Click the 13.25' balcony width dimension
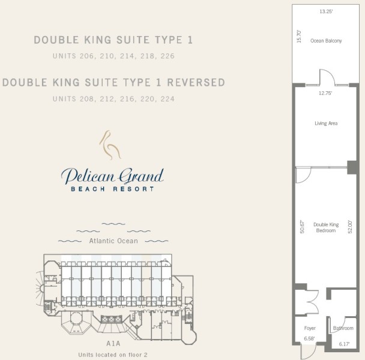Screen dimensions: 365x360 tap(326, 11)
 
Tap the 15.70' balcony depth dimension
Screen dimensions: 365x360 tap(299, 37)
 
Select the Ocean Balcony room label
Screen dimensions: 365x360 tap(326, 41)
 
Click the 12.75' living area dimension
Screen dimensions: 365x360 tap(325, 93)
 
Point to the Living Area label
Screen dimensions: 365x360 tap(326, 124)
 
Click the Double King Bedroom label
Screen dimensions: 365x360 tap(326, 227)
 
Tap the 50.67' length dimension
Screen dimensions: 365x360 tap(302, 227)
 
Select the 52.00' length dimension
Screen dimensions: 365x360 tap(350, 227)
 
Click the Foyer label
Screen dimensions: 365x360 tap(310, 328)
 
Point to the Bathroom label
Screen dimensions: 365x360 tap(343, 328)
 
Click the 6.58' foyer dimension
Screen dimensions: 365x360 tap(309, 338)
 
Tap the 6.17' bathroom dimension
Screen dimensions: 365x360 tap(344, 344)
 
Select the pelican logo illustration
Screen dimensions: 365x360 tap(110, 145)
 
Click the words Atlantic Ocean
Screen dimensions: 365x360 tap(113, 241)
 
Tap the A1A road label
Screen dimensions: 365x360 tap(113, 343)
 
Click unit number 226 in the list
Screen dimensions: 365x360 tap(167, 56)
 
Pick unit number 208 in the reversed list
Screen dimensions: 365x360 tap(87, 99)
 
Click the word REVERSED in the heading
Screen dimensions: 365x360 tap(196, 82)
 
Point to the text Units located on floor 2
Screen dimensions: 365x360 tap(113, 355)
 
